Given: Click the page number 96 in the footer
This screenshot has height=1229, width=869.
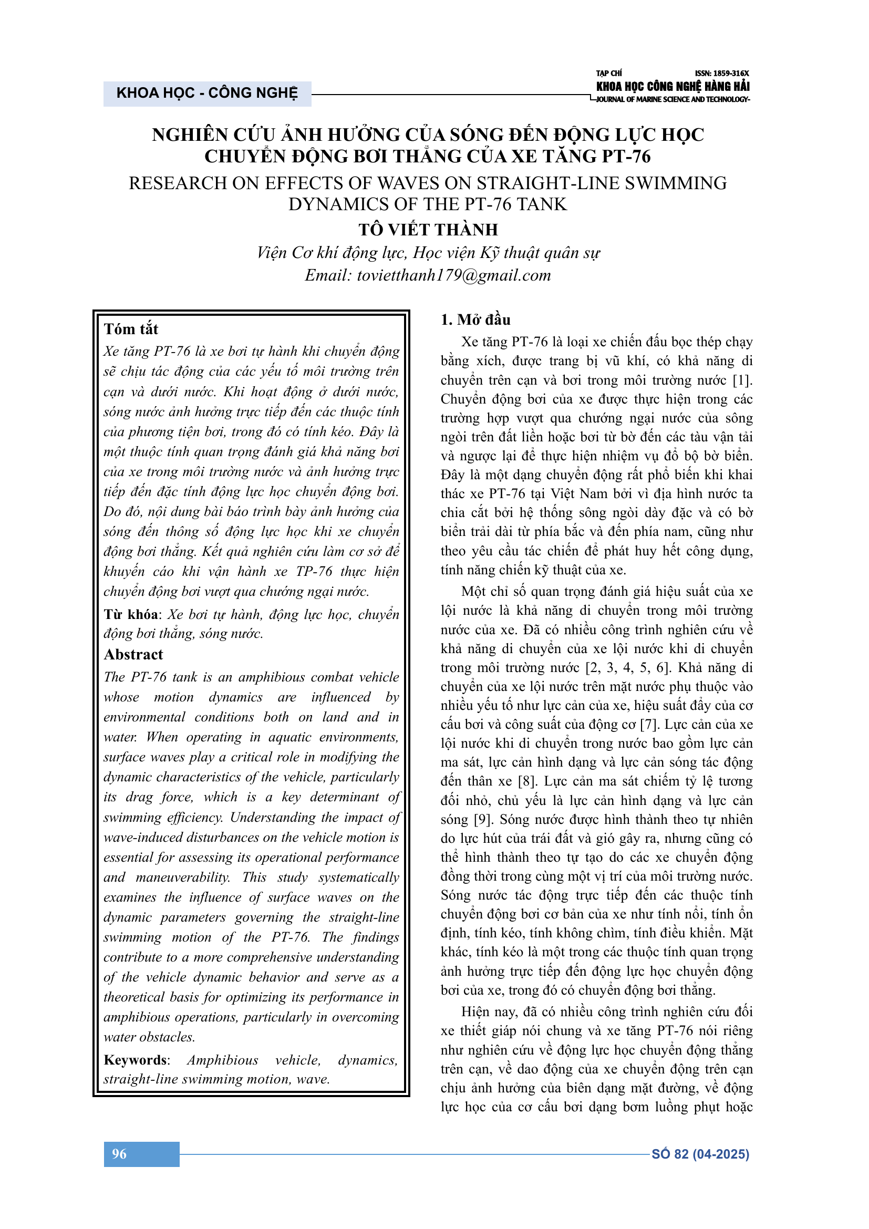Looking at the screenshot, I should tap(119, 1153).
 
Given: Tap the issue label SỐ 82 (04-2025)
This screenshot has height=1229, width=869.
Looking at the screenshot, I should tap(700, 1154).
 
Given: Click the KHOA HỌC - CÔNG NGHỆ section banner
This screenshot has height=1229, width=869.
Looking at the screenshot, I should tap(207, 93).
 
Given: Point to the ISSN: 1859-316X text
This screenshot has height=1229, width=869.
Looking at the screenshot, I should tap(722, 74).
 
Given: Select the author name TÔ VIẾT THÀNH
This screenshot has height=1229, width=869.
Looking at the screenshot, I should tap(428, 230).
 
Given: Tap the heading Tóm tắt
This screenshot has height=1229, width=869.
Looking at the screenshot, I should tap(131, 328).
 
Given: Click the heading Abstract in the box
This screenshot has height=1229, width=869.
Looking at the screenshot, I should tap(133, 654).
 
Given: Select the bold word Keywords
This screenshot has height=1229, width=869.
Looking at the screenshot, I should tap(136, 1060).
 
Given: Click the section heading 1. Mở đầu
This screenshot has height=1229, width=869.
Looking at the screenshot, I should tap(475, 319).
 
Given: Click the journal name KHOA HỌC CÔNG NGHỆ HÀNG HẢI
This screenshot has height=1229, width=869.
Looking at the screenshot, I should tap(673, 86).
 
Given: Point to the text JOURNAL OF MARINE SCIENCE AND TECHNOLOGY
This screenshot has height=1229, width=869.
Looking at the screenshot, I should tap(673, 99).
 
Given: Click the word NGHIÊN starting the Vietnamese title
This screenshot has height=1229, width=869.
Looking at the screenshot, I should tap(185, 135).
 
